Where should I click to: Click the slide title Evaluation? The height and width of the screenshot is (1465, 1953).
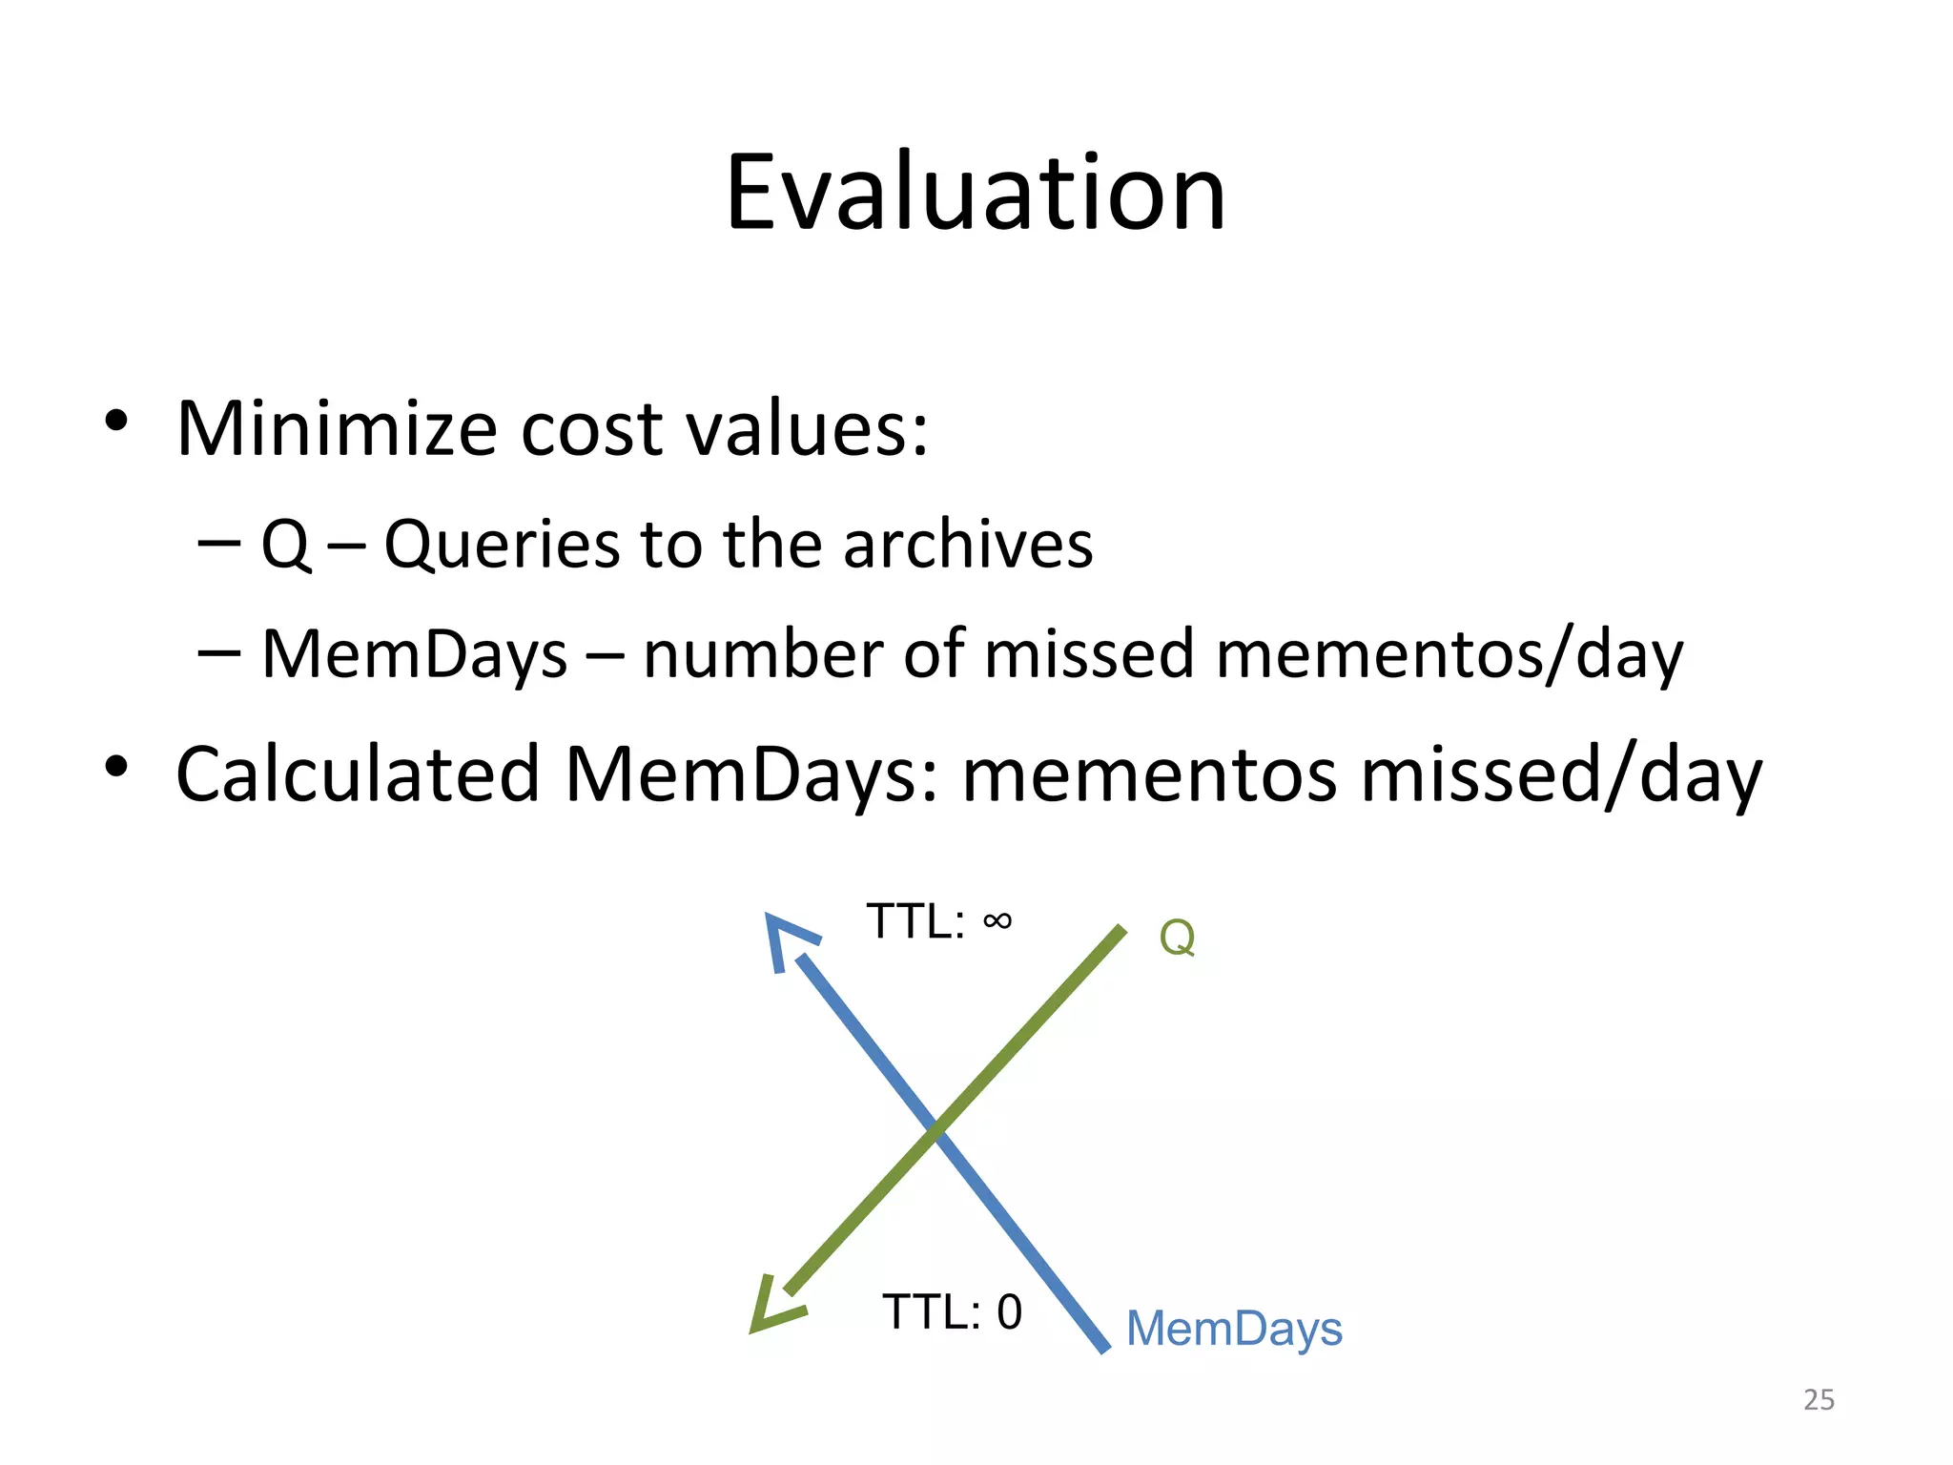coord(975,194)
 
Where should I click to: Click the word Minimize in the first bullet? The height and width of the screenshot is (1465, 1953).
coord(337,428)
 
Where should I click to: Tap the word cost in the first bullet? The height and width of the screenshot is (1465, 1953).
coord(591,430)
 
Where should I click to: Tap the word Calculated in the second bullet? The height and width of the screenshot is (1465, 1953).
coord(358,774)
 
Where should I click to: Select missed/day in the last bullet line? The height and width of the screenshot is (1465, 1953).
coord(1561,775)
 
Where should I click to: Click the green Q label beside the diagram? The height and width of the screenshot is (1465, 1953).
coord(1177,937)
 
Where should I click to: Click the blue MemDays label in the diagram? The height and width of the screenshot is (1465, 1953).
coord(1234,1329)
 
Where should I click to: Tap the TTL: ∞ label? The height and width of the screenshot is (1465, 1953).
coord(938,921)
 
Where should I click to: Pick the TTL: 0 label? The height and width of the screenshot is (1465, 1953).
coord(952,1312)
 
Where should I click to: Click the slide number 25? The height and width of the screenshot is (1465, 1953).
coord(1819,1399)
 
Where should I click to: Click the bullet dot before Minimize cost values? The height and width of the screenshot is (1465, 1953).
coord(116,421)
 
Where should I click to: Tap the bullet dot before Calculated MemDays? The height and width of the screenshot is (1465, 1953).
coord(116,766)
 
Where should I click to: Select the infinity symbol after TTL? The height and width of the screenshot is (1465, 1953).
coord(997,920)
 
